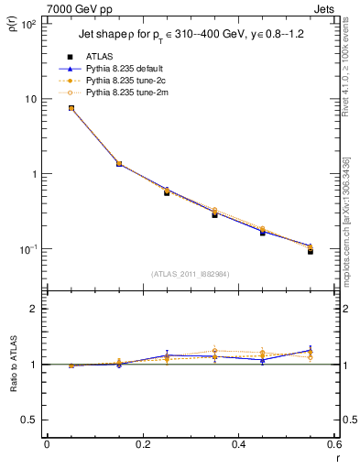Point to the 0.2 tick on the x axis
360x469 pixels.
click(x=142, y=444)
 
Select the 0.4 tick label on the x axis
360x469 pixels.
click(x=238, y=444)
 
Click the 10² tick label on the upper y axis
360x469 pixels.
click(x=27, y=24)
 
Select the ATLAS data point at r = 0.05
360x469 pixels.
click(x=71, y=108)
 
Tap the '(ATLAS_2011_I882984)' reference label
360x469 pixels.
click(x=191, y=273)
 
